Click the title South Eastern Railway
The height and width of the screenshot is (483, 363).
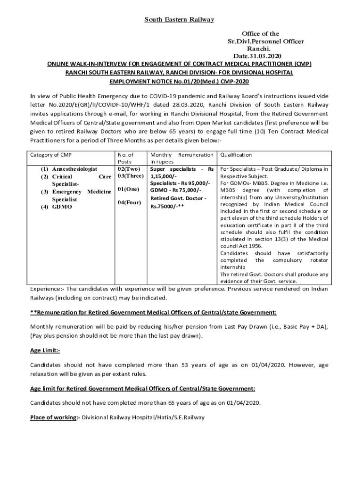[179, 20]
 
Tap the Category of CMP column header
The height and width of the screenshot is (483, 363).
[51, 155]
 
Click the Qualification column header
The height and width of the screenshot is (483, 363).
[236, 155]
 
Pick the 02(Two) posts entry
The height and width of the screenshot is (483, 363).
[129, 169]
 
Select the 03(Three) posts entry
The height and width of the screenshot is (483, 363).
[130, 176]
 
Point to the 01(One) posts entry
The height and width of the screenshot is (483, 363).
[129, 190]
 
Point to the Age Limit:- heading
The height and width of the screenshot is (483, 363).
[45, 351]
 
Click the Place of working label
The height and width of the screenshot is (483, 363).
[53, 417]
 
